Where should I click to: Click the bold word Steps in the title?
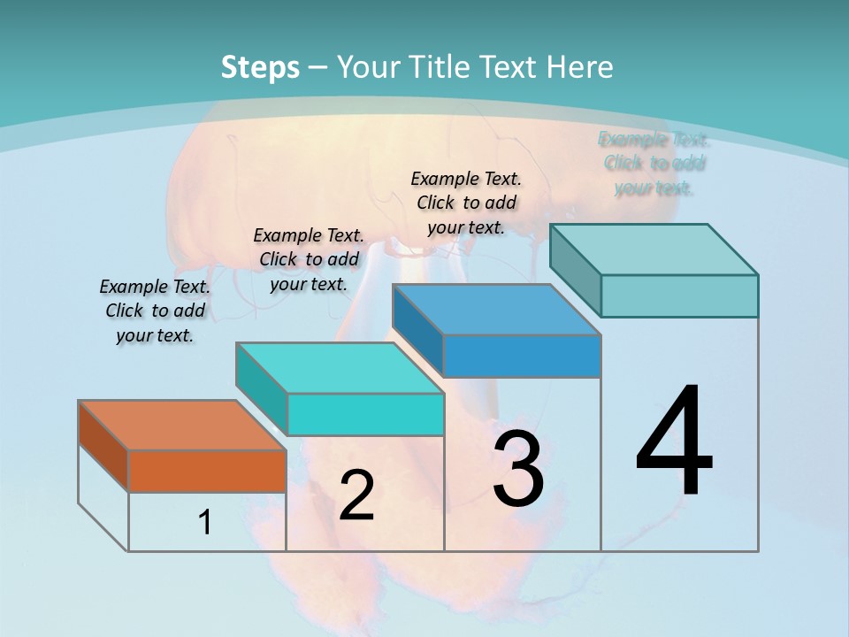260,67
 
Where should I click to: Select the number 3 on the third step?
518,469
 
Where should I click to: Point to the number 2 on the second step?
356,495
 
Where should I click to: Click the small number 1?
205,523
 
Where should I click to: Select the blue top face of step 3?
495,310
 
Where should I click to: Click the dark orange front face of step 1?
207,471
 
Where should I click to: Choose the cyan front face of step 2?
365,414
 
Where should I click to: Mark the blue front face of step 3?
522,356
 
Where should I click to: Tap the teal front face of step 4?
679,295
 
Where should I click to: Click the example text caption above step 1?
155,311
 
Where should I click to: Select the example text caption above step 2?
309,259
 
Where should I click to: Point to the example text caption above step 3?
466,203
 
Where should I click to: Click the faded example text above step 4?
654,163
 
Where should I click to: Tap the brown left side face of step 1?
103,446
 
